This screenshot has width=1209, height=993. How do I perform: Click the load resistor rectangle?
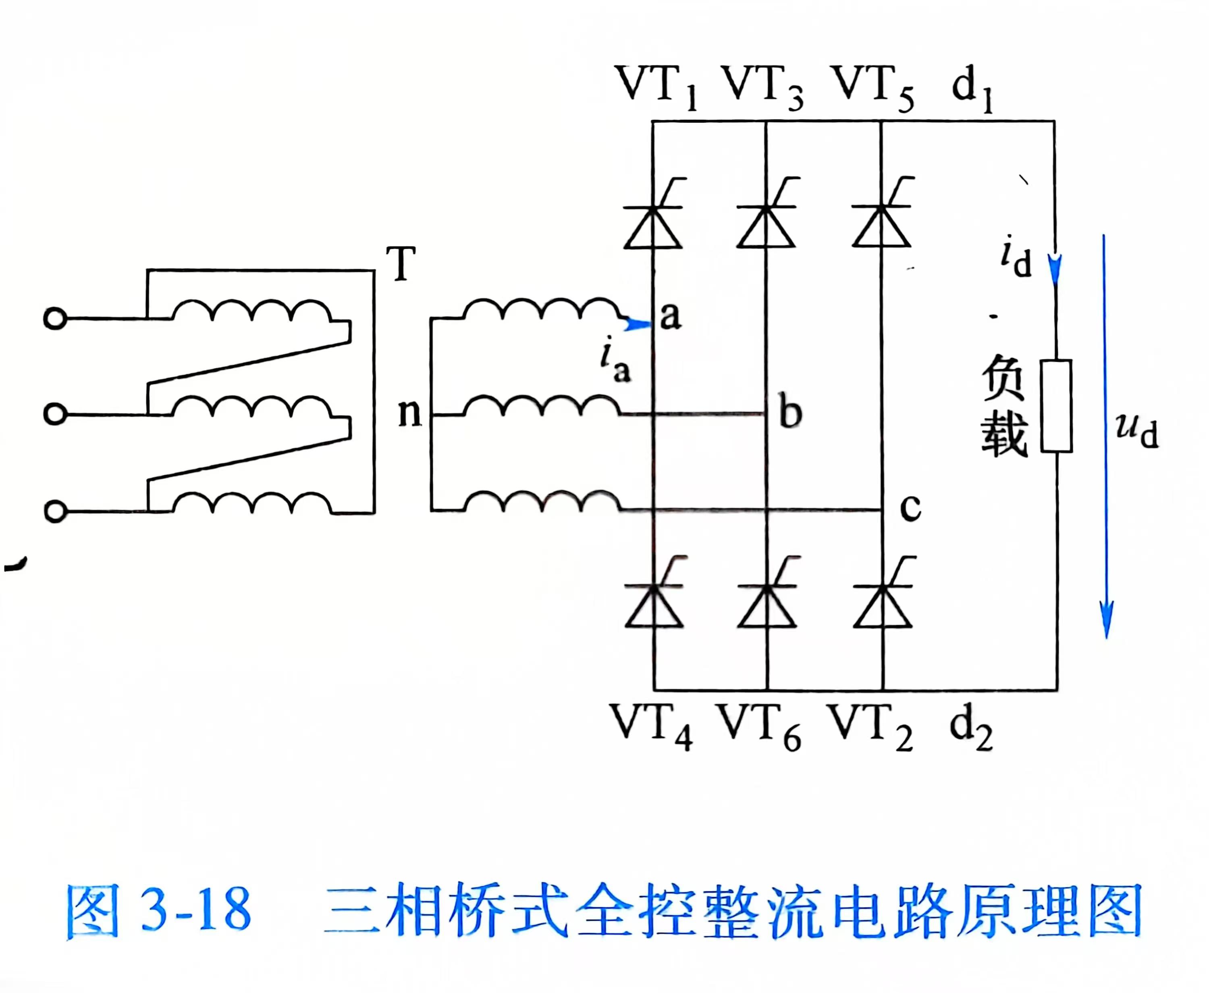(x=1056, y=406)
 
